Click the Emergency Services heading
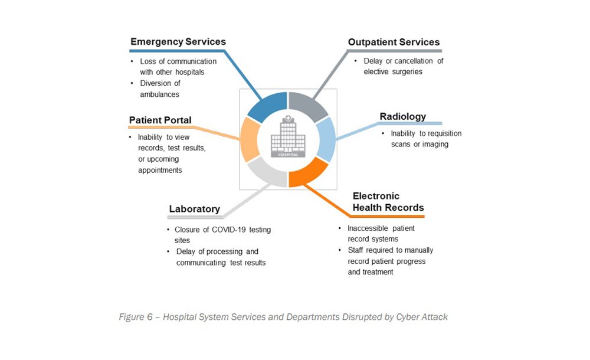click(x=178, y=42)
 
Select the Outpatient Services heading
click(x=394, y=42)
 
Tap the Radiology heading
click(x=402, y=116)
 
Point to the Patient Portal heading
click(x=160, y=120)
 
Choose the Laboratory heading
click(x=194, y=208)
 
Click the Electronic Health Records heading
click(x=388, y=202)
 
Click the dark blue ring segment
click(x=266, y=106)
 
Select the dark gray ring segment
click(x=309, y=106)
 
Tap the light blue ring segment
click(x=326, y=139)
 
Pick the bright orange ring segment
click(x=308, y=172)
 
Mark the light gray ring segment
click(x=266, y=172)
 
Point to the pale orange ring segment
click(x=250, y=139)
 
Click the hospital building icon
click(x=288, y=138)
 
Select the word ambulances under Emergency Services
click(x=159, y=94)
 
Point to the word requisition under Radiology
click(x=440, y=133)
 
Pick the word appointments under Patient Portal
click(x=160, y=170)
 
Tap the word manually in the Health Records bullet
click(x=420, y=250)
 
